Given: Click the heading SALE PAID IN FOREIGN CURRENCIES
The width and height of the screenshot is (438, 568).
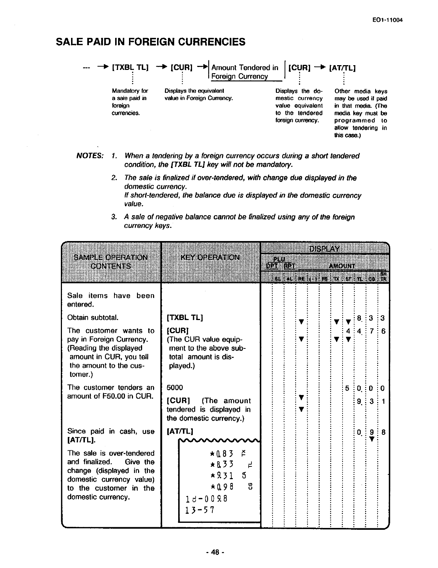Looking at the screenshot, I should coord(151,42).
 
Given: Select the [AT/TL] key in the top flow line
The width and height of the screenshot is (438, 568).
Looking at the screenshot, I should coord(342,68).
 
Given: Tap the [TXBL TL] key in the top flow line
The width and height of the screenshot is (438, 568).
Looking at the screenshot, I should coord(130,68).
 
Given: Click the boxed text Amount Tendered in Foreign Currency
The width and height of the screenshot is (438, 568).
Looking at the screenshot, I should coord(244,72).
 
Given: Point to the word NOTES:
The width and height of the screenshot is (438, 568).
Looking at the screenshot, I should coord(90,156).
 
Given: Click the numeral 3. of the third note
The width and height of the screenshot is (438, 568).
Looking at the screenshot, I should coord(114,217).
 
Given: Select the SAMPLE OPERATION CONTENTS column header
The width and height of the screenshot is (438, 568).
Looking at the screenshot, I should coord(111,261).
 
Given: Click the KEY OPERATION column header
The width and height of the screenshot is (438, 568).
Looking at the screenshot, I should coord(210,257).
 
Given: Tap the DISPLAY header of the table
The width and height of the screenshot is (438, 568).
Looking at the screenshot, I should coord(324,249).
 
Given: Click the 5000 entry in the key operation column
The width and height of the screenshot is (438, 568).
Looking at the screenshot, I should coord(175,387).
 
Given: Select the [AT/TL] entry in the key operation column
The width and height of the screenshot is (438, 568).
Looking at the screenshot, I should coord(180,431).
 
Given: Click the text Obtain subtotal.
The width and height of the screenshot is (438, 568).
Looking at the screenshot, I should coord(93,317).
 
